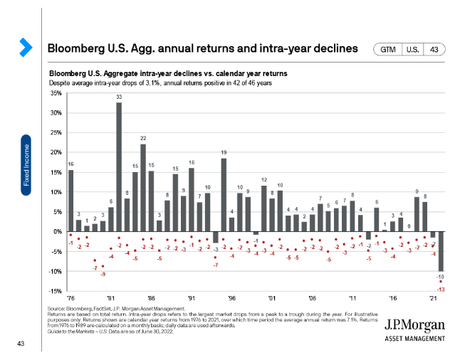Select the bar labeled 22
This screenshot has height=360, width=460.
click(143, 187)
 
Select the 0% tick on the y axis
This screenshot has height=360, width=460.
click(55, 231)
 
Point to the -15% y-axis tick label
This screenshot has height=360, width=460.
click(53, 290)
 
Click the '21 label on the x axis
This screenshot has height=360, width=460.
click(433, 298)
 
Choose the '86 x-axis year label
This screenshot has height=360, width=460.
click(151, 298)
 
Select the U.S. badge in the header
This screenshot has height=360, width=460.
click(412, 48)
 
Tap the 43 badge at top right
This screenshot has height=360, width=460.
click(435, 48)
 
